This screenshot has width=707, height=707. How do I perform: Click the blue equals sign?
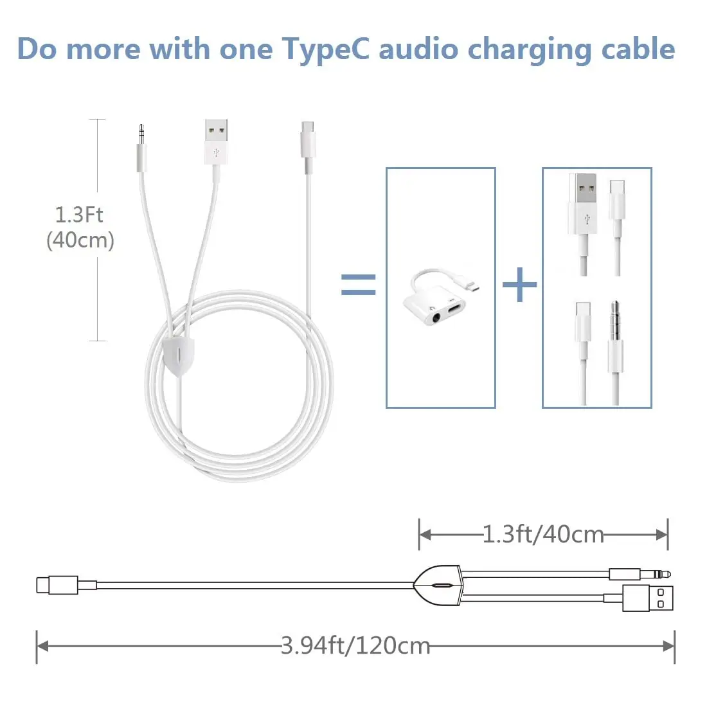[358, 284]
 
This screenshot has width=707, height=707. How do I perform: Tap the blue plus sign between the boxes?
[519, 284]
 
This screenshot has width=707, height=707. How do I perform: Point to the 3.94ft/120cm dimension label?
[355, 645]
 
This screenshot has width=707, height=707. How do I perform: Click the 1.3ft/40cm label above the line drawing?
[543, 534]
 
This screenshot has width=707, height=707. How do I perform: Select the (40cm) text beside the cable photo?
[80, 240]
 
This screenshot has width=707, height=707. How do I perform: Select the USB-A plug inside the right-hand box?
[582, 206]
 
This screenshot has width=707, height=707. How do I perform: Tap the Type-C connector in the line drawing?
[57, 585]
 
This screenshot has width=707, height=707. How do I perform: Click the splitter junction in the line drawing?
[438, 586]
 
